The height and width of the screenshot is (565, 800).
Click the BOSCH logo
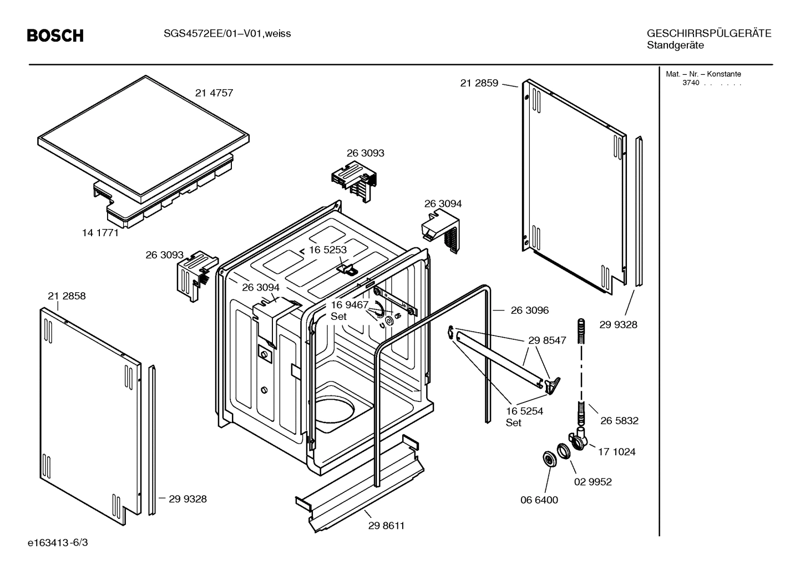click(55, 36)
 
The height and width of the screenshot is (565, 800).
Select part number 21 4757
click(214, 93)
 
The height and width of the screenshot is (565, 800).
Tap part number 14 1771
click(100, 233)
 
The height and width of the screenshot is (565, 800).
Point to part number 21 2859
click(479, 83)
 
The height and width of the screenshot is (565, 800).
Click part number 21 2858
click(67, 296)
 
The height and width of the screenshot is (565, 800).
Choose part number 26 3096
click(529, 311)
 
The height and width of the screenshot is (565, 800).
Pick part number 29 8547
click(547, 340)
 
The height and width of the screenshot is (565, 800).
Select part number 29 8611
click(386, 526)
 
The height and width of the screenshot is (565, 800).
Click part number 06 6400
click(539, 500)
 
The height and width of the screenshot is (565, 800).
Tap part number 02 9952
click(593, 482)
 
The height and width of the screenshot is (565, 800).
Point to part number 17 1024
click(616, 452)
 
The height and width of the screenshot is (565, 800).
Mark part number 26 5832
click(619, 421)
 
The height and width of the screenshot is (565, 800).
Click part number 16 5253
click(327, 250)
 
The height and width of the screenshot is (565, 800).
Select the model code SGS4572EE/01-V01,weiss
click(227, 34)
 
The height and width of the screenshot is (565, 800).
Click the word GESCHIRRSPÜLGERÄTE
click(708, 34)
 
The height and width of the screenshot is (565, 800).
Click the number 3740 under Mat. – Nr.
click(691, 83)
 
